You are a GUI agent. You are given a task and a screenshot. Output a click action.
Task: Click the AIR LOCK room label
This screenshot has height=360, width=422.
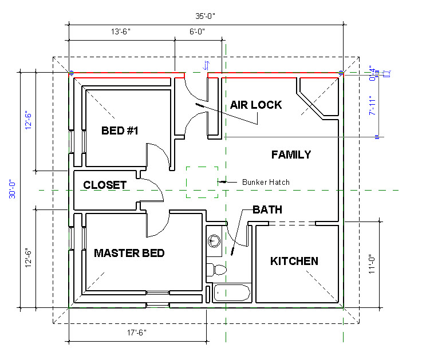click(256, 105)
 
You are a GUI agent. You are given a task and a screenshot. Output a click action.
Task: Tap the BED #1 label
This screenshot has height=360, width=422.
click(120, 130)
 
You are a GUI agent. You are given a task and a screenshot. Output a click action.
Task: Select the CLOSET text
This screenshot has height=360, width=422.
click(105, 185)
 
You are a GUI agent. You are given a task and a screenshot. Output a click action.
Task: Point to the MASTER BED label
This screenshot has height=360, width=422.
click(129, 253)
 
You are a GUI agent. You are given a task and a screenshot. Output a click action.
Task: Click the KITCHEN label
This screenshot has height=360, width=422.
click(294, 261)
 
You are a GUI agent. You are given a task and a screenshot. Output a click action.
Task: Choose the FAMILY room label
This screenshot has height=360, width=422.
click(291, 155)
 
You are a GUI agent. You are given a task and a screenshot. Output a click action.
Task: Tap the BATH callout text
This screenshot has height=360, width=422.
click(267, 210)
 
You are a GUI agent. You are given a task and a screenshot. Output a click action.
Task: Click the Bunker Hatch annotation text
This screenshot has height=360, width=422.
click(266, 182)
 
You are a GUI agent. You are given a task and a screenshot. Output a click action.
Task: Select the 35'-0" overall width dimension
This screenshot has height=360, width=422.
click(205, 16)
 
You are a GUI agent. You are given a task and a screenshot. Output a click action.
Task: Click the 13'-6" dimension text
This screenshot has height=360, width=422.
click(121, 31)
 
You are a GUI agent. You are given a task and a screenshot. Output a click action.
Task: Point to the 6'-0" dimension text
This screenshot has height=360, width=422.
click(197, 31)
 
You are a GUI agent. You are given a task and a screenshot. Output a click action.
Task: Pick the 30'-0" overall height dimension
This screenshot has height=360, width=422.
click(13, 189)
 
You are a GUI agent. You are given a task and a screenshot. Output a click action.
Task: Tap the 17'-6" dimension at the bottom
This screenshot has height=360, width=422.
click(137, 333)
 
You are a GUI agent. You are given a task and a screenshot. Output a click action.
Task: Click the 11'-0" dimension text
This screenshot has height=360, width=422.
click(372, 264)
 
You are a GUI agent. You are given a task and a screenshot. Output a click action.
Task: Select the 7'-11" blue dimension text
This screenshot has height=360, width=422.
click(372, 106)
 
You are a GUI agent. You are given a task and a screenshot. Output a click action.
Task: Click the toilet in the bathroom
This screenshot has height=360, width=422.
click(216, 270)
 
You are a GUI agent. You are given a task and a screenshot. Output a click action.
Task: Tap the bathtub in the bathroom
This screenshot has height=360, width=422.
click(232, 292)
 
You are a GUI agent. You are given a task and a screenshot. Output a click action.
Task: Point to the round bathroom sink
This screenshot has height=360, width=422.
click(214, 241)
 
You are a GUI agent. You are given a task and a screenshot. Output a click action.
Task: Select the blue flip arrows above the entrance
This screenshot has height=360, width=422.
click(206, 65)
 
